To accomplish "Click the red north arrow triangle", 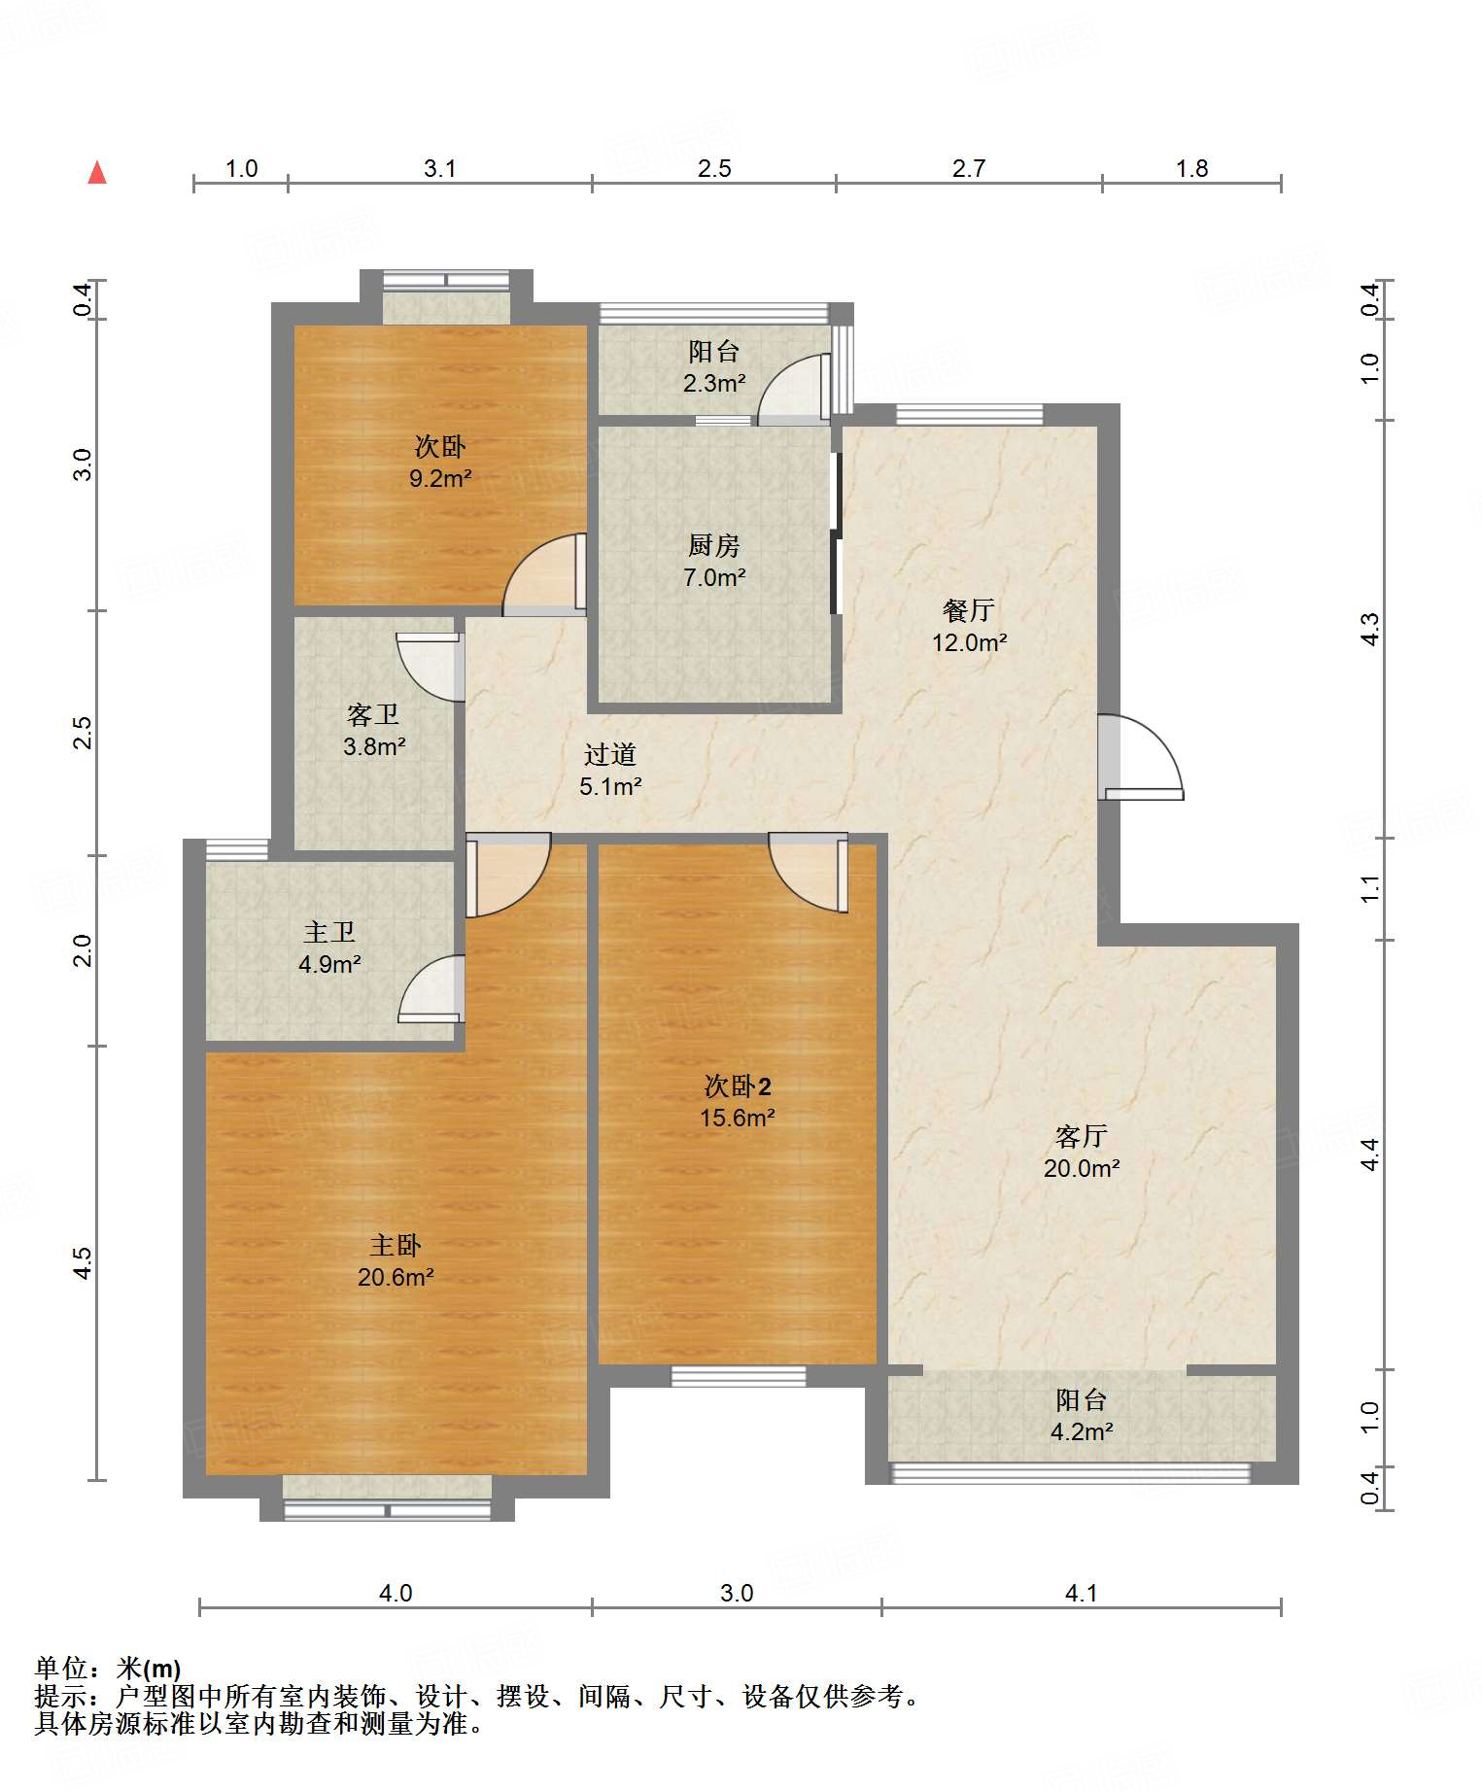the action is tap(97, 172).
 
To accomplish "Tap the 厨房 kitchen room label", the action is tap(714, 545).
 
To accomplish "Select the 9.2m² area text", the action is tap(440, 478).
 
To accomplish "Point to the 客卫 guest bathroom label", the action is tap(373, 715).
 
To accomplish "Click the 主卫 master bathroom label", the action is tap(329, 933).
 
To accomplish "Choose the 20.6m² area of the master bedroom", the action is tap(396, 1277).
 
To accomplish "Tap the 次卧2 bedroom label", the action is tap(738, 1086).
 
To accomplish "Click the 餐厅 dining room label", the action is tap(969, 610).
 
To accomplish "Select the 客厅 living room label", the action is tap(1082, 1136).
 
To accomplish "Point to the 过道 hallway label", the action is tap(610, 754).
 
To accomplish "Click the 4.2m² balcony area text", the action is tap(1082, 1431).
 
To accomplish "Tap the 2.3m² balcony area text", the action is tap(714, 383).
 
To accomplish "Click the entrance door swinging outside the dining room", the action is tap(1142, 757).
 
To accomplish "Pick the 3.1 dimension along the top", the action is tap(440, 168).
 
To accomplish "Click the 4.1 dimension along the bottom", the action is tap(1082, 1593).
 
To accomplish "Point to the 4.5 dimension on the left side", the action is tap(83, 1262).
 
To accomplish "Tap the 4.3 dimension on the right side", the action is tap(1369, 629).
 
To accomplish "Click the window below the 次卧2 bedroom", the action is tap(739, 1376).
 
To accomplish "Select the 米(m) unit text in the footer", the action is tap(149, 1669).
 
